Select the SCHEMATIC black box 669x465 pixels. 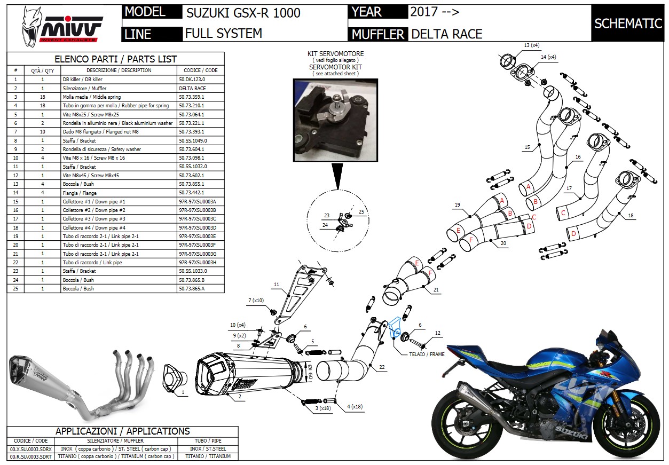[x=628, y=23]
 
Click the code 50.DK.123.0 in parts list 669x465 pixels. [x=192, y=79]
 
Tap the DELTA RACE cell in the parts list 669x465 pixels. [x=192, y=88]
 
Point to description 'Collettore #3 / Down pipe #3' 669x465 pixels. [x=94, y=219]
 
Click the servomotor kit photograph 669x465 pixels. [x=335, y=121]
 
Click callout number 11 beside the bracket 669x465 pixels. [x=277, y=285]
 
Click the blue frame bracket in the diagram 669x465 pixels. [x=395, y=327]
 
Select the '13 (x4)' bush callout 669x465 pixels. [x=531, y=45]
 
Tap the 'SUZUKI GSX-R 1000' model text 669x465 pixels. [x=243, y=13]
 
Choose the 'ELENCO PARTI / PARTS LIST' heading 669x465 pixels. [x=116, y=59]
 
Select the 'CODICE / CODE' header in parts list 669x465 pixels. [x=200, y=70]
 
